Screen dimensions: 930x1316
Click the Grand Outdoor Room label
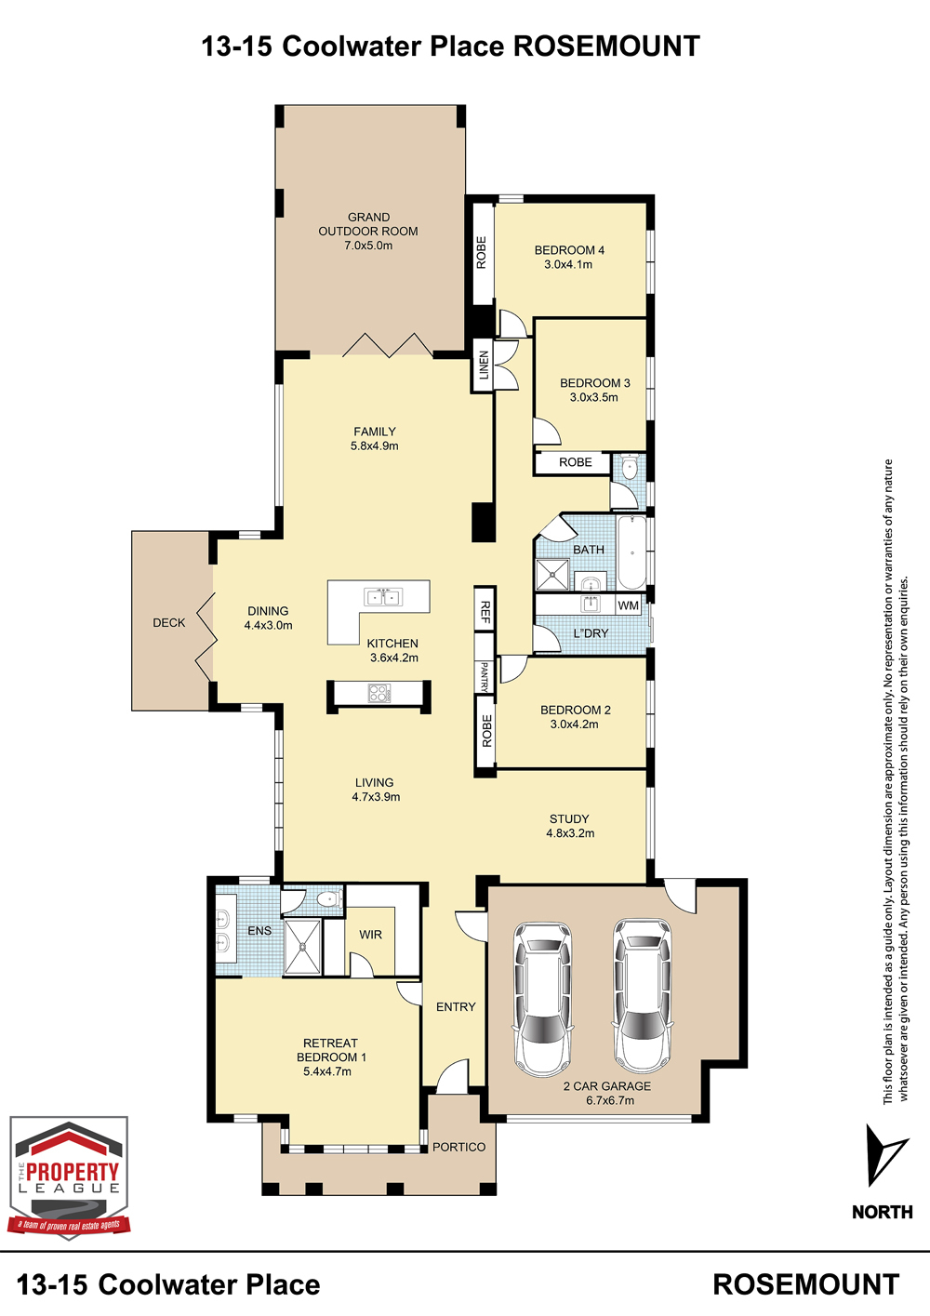pos(368,232)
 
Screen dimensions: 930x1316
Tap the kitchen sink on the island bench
pos(383,597)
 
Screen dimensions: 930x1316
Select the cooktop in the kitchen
pos(379,693)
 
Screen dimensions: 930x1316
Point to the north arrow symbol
pos(886,1155)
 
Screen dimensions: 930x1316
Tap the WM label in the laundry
pos(628,605)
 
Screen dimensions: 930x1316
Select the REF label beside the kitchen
pos(485,612)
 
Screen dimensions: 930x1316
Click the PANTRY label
pos(485,676)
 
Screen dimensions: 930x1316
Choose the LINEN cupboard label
pos(484,366)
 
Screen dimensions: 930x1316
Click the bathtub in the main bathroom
pos(631,552)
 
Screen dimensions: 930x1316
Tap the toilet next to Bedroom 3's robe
pos(630,468)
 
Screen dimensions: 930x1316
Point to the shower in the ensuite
pos(302,947)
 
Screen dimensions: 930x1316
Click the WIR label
pos(371,935)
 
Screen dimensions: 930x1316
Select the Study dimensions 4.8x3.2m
pos(570,833)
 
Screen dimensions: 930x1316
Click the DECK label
pos(169,623)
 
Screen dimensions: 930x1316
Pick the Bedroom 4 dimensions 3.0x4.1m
pos(568,264)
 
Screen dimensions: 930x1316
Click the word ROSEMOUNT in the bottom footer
pos(806,1285)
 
